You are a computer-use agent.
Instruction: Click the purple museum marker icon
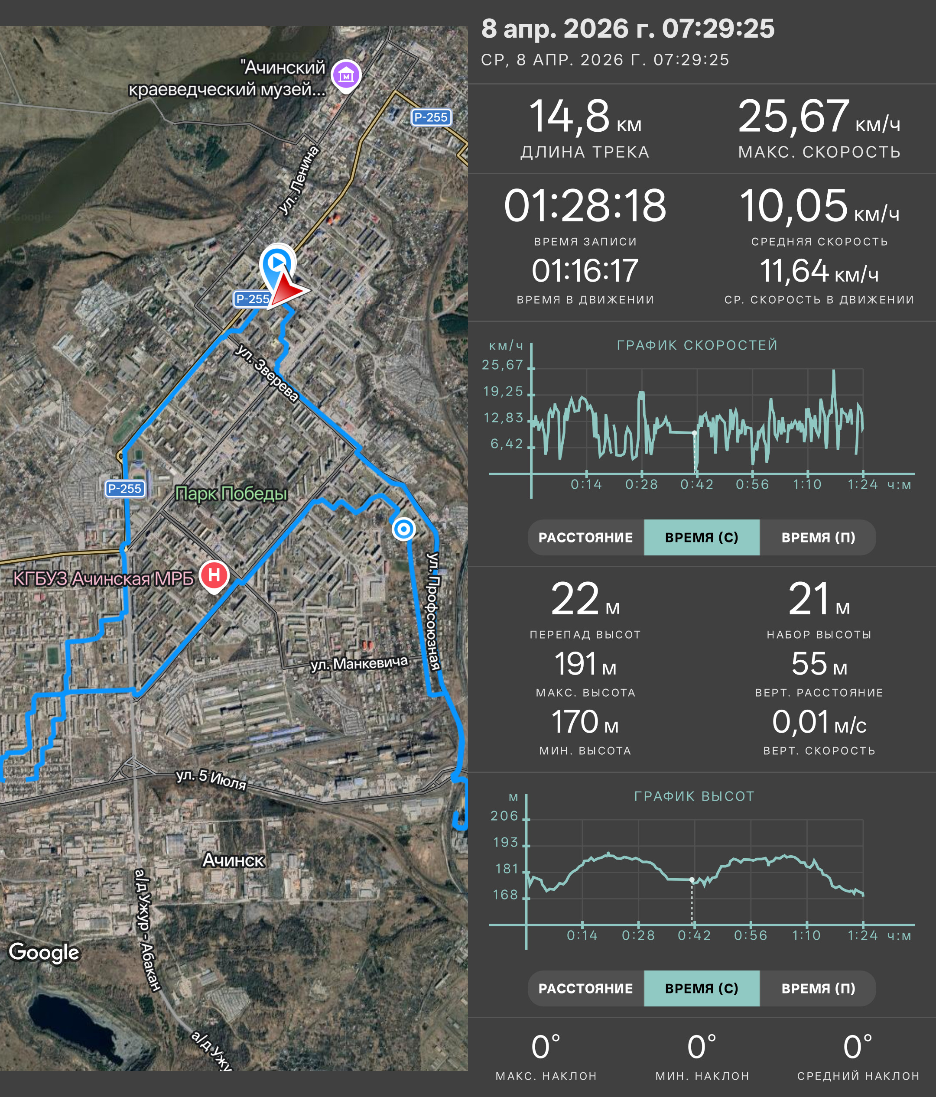pos(346,76)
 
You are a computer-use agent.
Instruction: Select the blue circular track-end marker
pos(403,529)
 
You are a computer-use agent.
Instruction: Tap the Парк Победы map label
pos(231,493)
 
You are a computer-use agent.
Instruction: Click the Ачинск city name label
pos(234,860)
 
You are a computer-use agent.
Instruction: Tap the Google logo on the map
pos(44,952)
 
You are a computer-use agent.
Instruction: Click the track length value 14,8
pos(569,116)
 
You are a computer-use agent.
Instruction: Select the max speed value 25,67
pos(793,116)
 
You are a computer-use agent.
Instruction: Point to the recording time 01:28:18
pos(585,205)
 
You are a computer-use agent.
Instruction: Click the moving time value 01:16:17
pos(585,270)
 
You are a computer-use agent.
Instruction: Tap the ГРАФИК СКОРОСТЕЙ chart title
pos(697,345)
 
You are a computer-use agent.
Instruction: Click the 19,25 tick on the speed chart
pos(503,391)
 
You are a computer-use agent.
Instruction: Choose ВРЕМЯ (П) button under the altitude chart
pos(818,988)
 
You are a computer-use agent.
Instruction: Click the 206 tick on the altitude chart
pos(504,816)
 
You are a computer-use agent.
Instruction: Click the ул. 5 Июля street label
pos(211,779)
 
